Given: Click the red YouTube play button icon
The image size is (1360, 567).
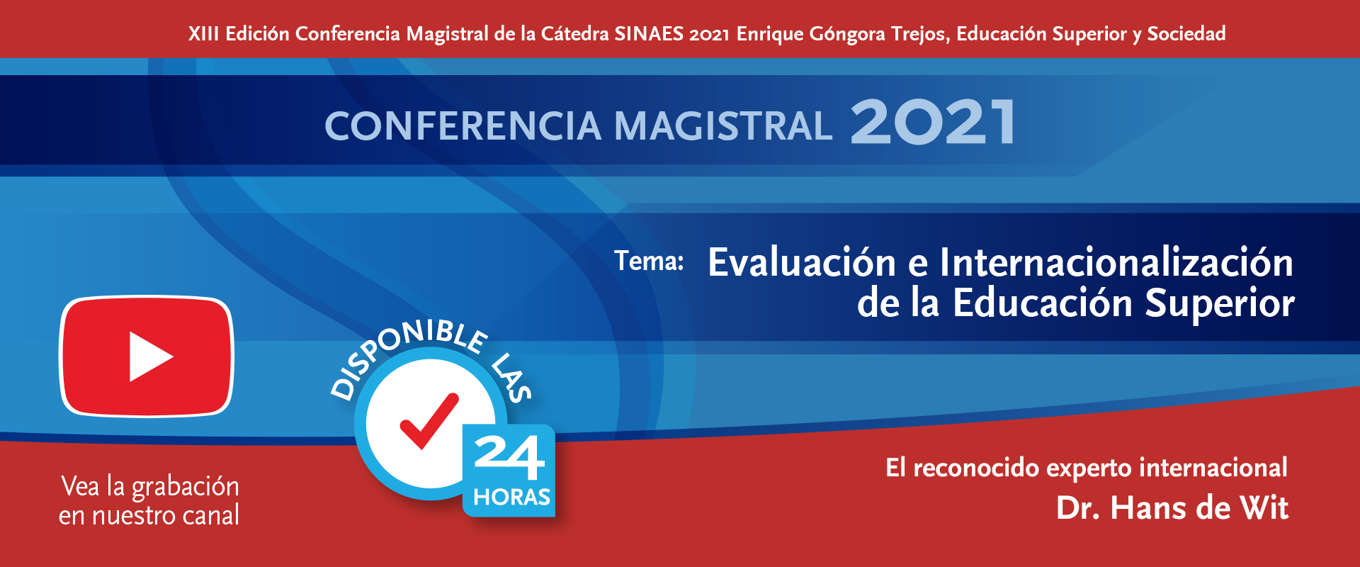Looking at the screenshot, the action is [x=147, y=356].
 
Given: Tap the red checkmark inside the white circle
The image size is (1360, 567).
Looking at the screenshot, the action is [x=429, y=421].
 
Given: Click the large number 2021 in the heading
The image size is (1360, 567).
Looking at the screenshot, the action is [x=933, y=122].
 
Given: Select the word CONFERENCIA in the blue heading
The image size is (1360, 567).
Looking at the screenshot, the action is [x=463, y=126].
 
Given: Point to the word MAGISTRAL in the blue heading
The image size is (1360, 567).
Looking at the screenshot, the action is [x=723, y=126].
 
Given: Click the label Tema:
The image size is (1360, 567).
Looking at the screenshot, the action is [x=649, y=261].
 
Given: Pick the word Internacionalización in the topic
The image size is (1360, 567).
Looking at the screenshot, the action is [x=1116, y=262].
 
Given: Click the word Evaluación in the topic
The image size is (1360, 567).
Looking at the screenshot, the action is [x=803, y=262].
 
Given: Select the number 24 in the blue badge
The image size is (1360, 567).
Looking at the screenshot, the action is [x=509, y=457].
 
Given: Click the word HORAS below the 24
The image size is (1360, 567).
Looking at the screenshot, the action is [x=511, y=497].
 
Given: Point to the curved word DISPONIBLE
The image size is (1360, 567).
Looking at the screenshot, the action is [x=404, y=351].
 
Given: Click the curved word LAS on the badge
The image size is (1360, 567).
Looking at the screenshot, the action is [x=511, y=377].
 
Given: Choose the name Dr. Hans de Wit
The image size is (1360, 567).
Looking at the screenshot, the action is [x=1172, y=508].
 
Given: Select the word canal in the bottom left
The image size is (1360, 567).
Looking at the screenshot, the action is [x=211, y=515].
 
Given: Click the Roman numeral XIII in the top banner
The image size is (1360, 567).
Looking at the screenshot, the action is [x=203, y=33].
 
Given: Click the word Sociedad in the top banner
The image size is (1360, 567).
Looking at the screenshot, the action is [x=1186, y=33].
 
